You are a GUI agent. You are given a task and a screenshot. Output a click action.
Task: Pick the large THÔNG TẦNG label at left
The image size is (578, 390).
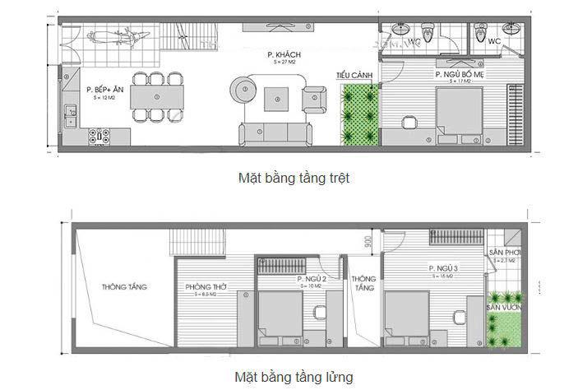click(124, 287)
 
